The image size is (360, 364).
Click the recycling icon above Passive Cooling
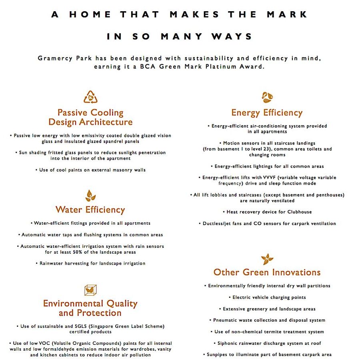click(90, 97)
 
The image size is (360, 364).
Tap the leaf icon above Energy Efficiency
click(267, 97)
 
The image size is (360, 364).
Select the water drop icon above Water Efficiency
click(90, 195)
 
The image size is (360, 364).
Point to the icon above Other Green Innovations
click(267, 259)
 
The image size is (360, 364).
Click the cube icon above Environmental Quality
click(90, 290)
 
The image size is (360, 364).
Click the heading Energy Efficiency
click(267, 113)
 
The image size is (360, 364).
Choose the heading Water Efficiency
click(90, 209)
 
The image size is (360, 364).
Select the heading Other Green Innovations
click(267, 272)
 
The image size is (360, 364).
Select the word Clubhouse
click(298, 212)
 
